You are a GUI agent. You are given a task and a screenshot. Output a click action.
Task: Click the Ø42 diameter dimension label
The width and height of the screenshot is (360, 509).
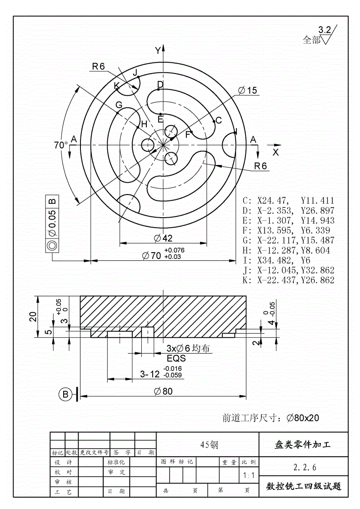click(x=162, y=238)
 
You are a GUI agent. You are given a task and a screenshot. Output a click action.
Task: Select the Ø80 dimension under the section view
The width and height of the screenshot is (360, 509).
click(x=163, y=391)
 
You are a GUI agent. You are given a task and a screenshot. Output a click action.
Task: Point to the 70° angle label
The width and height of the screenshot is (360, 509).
click(x=60, y=145)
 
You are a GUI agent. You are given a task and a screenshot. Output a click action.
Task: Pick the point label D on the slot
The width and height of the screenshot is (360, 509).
click(x=160, y=85)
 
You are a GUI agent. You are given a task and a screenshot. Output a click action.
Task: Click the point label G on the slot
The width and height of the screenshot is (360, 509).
click(x=119, y=105)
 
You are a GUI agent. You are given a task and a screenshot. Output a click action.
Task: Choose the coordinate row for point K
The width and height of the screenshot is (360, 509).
click(x=289, y=280)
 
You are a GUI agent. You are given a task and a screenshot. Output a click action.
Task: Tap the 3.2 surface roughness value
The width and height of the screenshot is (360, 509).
click(x=324, y=30)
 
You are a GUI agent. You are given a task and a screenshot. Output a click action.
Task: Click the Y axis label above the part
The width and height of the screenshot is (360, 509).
click(x=157, y=50)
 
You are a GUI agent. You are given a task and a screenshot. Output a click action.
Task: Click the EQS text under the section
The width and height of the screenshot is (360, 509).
click(x=176, y=358)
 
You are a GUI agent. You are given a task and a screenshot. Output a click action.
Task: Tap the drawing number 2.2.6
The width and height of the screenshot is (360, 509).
click(x=305, y=467)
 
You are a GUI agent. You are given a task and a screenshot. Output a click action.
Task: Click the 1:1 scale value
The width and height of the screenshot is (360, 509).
click(x=249, y=476)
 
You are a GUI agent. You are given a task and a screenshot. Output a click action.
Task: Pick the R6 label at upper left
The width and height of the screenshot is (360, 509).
click(x=98, y=66)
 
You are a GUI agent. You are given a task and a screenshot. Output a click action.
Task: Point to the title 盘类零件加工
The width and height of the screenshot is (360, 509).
click(x=303, y=445)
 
